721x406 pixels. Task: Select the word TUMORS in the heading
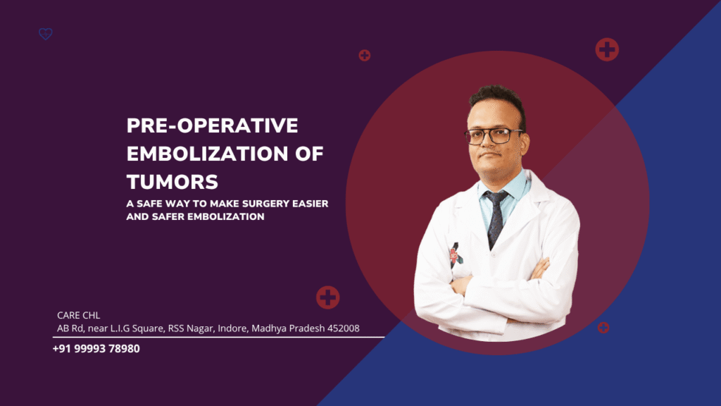(172, 182)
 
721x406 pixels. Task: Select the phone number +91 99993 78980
(96, 348)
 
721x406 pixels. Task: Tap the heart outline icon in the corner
(46, 34)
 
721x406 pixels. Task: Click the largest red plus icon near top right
(606, 49)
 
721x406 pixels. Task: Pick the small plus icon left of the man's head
(364, 55)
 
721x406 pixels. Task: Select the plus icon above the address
(327, 297)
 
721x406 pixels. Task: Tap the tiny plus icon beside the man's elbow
(603, 327)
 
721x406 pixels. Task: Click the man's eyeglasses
(494, 136)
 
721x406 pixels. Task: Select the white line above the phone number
(218, 338)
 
